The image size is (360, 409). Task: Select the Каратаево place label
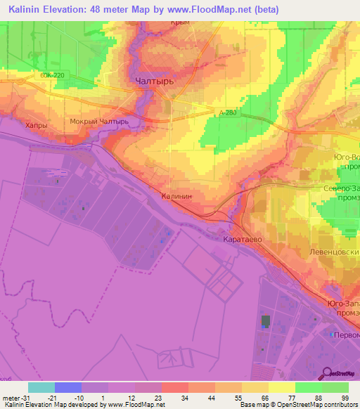coord(242,239)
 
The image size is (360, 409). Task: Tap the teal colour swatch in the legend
coord(41,387)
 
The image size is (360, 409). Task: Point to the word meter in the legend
coord(11,398)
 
